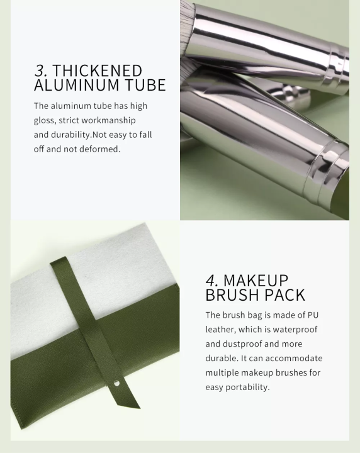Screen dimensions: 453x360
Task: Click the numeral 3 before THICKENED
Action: [x=39, y=71]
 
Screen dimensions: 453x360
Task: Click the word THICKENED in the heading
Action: [x=98, y=71]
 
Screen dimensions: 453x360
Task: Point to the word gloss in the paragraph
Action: [x=45, y=120]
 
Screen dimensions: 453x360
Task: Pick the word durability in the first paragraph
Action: [x=71, y=135]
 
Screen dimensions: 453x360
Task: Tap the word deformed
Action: [x=101, y=149]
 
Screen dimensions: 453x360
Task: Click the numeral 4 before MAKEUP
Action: [x=211, y=281]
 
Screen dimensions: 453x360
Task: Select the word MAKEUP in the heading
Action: [x=256, y=281]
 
